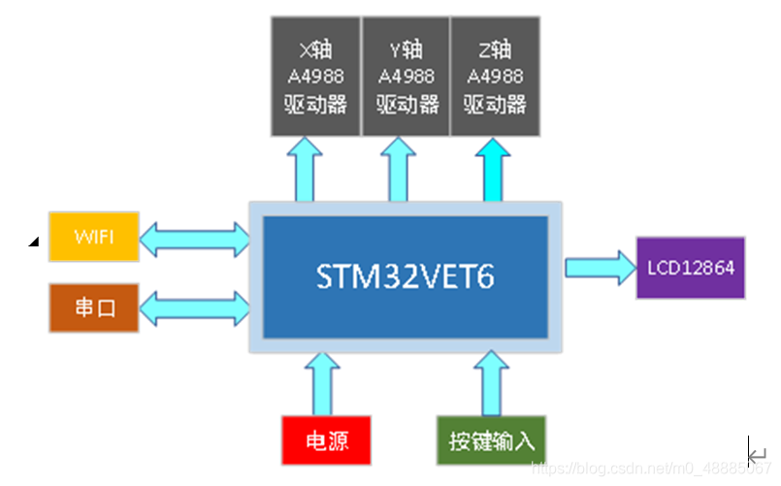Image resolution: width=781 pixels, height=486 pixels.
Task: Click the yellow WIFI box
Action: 94,236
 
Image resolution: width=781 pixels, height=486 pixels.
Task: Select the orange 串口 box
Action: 94,308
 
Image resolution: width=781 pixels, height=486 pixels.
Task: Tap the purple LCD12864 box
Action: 690,268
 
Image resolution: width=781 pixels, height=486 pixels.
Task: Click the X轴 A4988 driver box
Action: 314,77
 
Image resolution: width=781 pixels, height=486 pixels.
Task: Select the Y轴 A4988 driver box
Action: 404,77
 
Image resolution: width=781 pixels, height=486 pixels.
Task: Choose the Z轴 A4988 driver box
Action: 494,77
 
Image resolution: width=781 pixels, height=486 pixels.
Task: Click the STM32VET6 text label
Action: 406,277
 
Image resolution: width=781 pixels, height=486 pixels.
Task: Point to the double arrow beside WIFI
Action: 194,236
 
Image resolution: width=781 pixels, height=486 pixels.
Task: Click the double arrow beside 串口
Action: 194,309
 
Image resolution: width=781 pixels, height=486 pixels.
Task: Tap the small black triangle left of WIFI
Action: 34,242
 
